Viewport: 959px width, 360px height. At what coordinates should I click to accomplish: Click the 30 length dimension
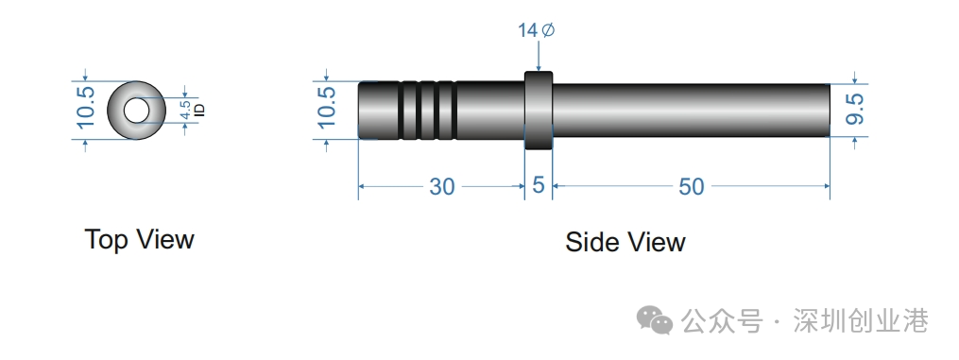pos(441,186)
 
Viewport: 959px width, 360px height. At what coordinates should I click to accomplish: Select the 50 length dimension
pos(691,186)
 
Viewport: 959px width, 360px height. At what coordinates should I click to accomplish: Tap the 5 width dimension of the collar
pos(539,184)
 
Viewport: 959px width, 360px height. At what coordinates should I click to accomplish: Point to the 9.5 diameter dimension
pos(854,109)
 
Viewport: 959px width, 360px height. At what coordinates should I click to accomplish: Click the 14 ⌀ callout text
pos(537,30)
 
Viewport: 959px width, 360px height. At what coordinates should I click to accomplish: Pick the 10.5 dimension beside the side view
pos(327,107)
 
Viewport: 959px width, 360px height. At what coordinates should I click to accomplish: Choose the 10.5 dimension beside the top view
pos(86,107)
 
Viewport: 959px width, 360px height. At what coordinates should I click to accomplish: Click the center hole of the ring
pos(136,110)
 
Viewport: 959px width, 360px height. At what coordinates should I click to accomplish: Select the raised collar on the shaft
pos(539,110)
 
